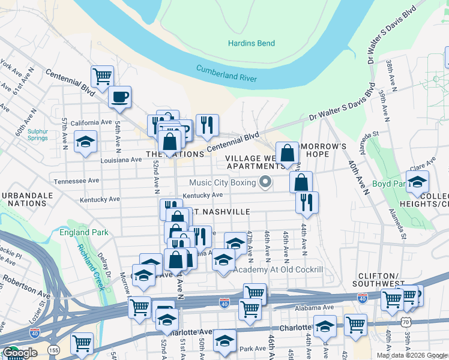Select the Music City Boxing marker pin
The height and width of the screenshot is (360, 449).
point(264,182)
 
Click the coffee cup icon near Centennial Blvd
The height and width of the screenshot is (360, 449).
point(120,97)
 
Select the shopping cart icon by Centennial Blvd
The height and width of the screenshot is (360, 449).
point(103,76)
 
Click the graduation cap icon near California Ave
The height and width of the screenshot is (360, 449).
point(85,142)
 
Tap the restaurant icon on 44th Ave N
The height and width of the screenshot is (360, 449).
point(307,202)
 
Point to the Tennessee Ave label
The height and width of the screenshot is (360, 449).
point(76,181)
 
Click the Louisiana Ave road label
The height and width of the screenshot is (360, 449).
point(122,160)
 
